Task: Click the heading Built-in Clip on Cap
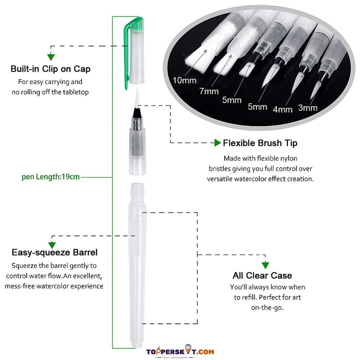coord(51,69)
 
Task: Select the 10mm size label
coord(185,81)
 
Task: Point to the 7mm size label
coord(209,91)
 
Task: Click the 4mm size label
coord(283,110)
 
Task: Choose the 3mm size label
coord(308,108)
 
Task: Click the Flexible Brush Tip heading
coord(260,143)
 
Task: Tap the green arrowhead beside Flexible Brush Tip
coord(217,143)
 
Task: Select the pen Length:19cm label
coord(51,177)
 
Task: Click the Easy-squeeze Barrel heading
coord(55,252)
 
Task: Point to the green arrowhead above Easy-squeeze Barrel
coord(52,245)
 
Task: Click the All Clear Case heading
coord(262,276)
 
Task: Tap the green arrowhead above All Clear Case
coord(265,265)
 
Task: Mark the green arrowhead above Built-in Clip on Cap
coord(51,57)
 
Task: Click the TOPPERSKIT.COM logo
coord(180,352)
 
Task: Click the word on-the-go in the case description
coord(267,308)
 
